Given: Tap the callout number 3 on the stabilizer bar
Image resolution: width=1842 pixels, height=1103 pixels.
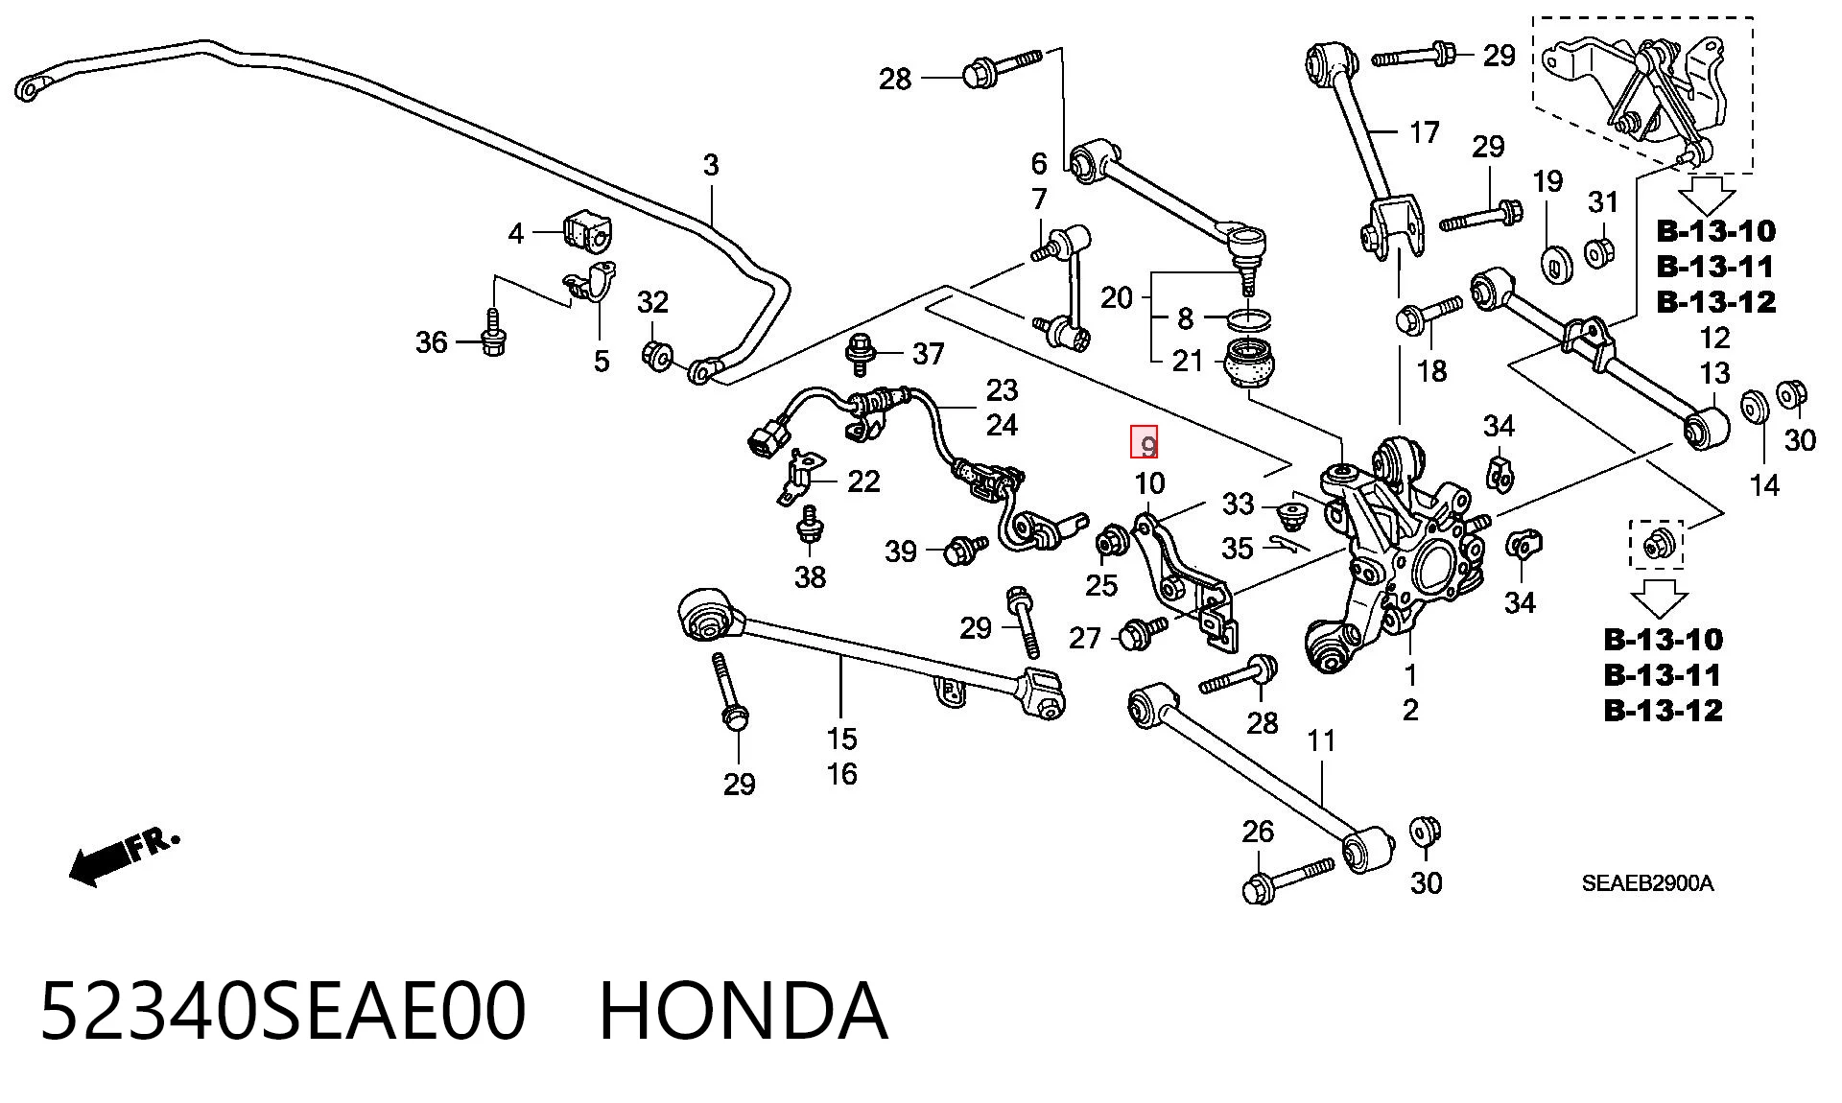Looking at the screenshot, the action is [710, 165].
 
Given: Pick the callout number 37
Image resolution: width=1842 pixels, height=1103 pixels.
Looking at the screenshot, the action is [928, 354].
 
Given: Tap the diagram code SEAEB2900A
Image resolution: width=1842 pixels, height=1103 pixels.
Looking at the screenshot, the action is [1647, 883].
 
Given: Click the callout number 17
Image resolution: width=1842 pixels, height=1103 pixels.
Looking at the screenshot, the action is [1424, 131].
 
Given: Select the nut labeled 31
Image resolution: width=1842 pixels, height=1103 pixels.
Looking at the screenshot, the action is [1599, 253].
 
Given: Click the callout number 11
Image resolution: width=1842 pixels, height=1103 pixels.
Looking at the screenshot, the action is [1321, 739].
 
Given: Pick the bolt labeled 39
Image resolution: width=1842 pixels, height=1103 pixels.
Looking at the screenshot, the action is [965, 550].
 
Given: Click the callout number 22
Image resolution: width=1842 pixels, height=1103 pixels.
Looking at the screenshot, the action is [863, 481].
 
